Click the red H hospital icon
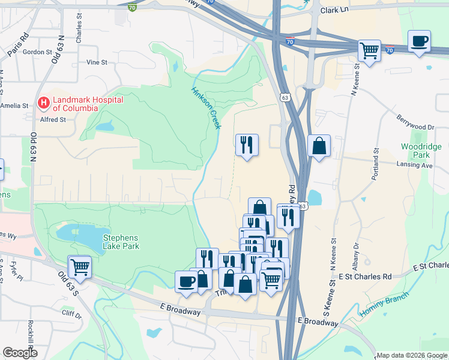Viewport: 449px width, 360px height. [x=43, y=103]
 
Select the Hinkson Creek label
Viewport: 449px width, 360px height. [x=206, y=107]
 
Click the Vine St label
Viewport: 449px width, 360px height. [x=96, y=62]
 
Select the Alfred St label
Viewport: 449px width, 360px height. [x=53, y=119]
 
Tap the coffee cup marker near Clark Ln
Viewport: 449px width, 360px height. [x=419, y=42]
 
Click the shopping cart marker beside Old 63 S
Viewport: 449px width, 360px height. [x=80, y=266]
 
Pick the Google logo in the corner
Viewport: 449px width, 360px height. [x=20, y=353]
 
